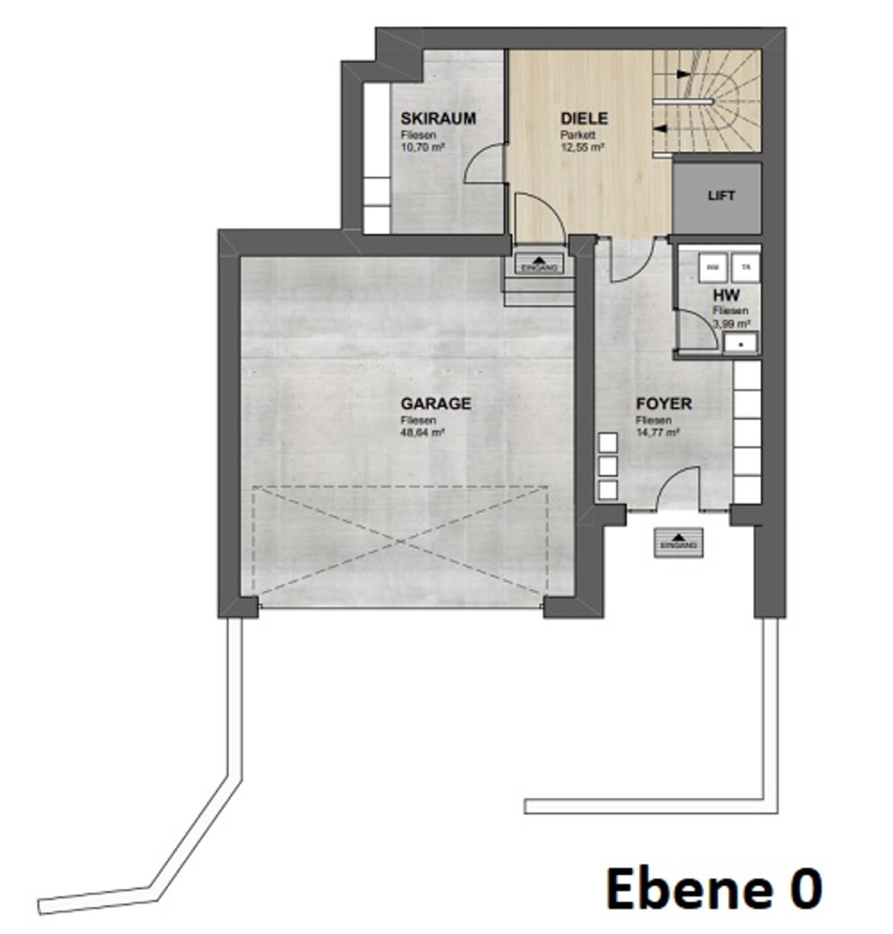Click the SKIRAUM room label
pos(438,118)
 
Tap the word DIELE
pos(584,118)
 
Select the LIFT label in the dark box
pos(721,196)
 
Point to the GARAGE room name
pos(435,404)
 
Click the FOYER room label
pos(663,404)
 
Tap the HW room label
pos(726,295)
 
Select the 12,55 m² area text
pos(582,147)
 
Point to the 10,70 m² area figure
pos(423,147)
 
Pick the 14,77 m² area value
pos(657,432)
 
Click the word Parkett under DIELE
pos(577,135)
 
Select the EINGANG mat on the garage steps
pos(539,264)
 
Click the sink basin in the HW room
pos(741,343)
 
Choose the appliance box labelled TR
pos(746,267)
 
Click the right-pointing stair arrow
pos(684,74)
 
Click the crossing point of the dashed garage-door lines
pos(400,541)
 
